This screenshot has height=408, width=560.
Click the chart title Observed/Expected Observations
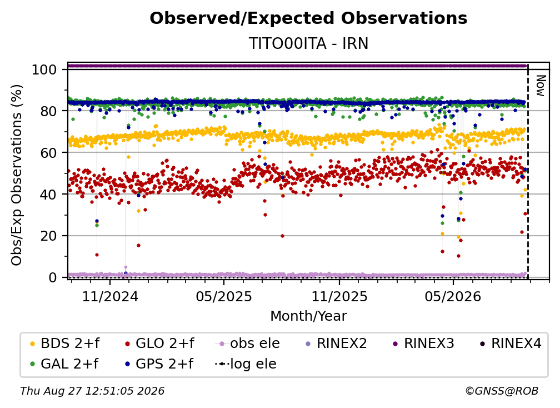tap(308, 18)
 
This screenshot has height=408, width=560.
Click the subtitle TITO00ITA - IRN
tap(308, 43)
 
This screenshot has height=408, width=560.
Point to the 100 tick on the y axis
tap(44, 69)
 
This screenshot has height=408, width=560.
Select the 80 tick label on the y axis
tap(48, 111)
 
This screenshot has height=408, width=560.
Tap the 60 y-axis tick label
tap(48, 152)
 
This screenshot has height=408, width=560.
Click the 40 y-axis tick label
tap(48, 195)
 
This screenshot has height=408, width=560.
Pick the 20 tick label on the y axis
tap(48, 236)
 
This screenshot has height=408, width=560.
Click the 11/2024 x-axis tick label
tap(110, 296)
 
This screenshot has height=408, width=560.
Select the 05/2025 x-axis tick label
tap(224, 296)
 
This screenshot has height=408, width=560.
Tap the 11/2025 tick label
tap(339, 296)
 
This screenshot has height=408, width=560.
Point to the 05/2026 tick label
tap(453, 296)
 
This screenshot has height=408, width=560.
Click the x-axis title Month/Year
tap(308, 316)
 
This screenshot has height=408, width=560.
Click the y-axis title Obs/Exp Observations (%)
tap(17, 175)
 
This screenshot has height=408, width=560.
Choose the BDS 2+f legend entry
tap(64, 344)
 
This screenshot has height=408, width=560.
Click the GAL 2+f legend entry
tap(64, 364)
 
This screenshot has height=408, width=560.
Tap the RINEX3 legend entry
tap(423, 344)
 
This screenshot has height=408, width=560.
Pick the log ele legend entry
tap(246, 364)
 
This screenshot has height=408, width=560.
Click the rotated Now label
tap(540, 86)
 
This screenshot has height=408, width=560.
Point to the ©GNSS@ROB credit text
tap(502, 391)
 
